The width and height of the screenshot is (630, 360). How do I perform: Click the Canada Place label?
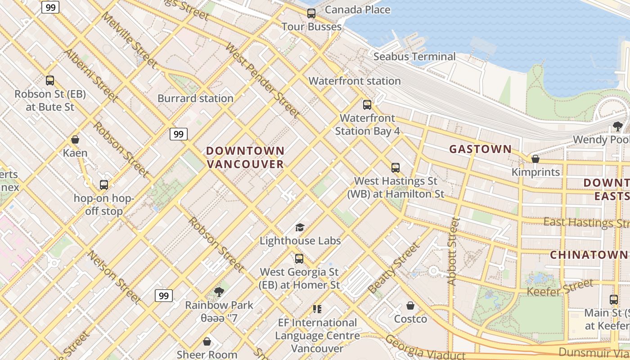(x=357, y=9)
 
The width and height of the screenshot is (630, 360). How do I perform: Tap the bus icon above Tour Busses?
(x=311, y=13)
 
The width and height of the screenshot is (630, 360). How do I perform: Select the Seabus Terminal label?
(x=414, y=57)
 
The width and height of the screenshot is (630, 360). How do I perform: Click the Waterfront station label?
(x=355, y=81)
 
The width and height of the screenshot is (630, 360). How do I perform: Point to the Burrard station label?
(x=195, y=98)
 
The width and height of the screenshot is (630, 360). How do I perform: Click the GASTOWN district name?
(x=480, y=149)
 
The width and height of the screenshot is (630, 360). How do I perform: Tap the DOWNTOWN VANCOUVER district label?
(x=246, y=157)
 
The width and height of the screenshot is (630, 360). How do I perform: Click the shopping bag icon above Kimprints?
(x=535, y=159)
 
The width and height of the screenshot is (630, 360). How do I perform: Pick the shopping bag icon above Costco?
(x=410, y=306)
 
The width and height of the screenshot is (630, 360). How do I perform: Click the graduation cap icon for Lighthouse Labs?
(x=300, y=228)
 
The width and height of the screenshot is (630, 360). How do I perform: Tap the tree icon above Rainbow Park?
(x=219, y=292)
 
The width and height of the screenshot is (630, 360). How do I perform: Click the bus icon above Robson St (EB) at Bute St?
(x=50, y=81)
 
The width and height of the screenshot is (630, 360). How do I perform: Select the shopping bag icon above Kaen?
(x=75, y=140)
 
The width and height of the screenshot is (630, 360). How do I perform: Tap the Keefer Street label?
(x=560, y=288)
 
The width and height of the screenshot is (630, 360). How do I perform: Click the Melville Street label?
(x=129, y=40)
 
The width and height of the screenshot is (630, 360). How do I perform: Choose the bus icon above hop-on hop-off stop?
(x=104, y=185)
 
